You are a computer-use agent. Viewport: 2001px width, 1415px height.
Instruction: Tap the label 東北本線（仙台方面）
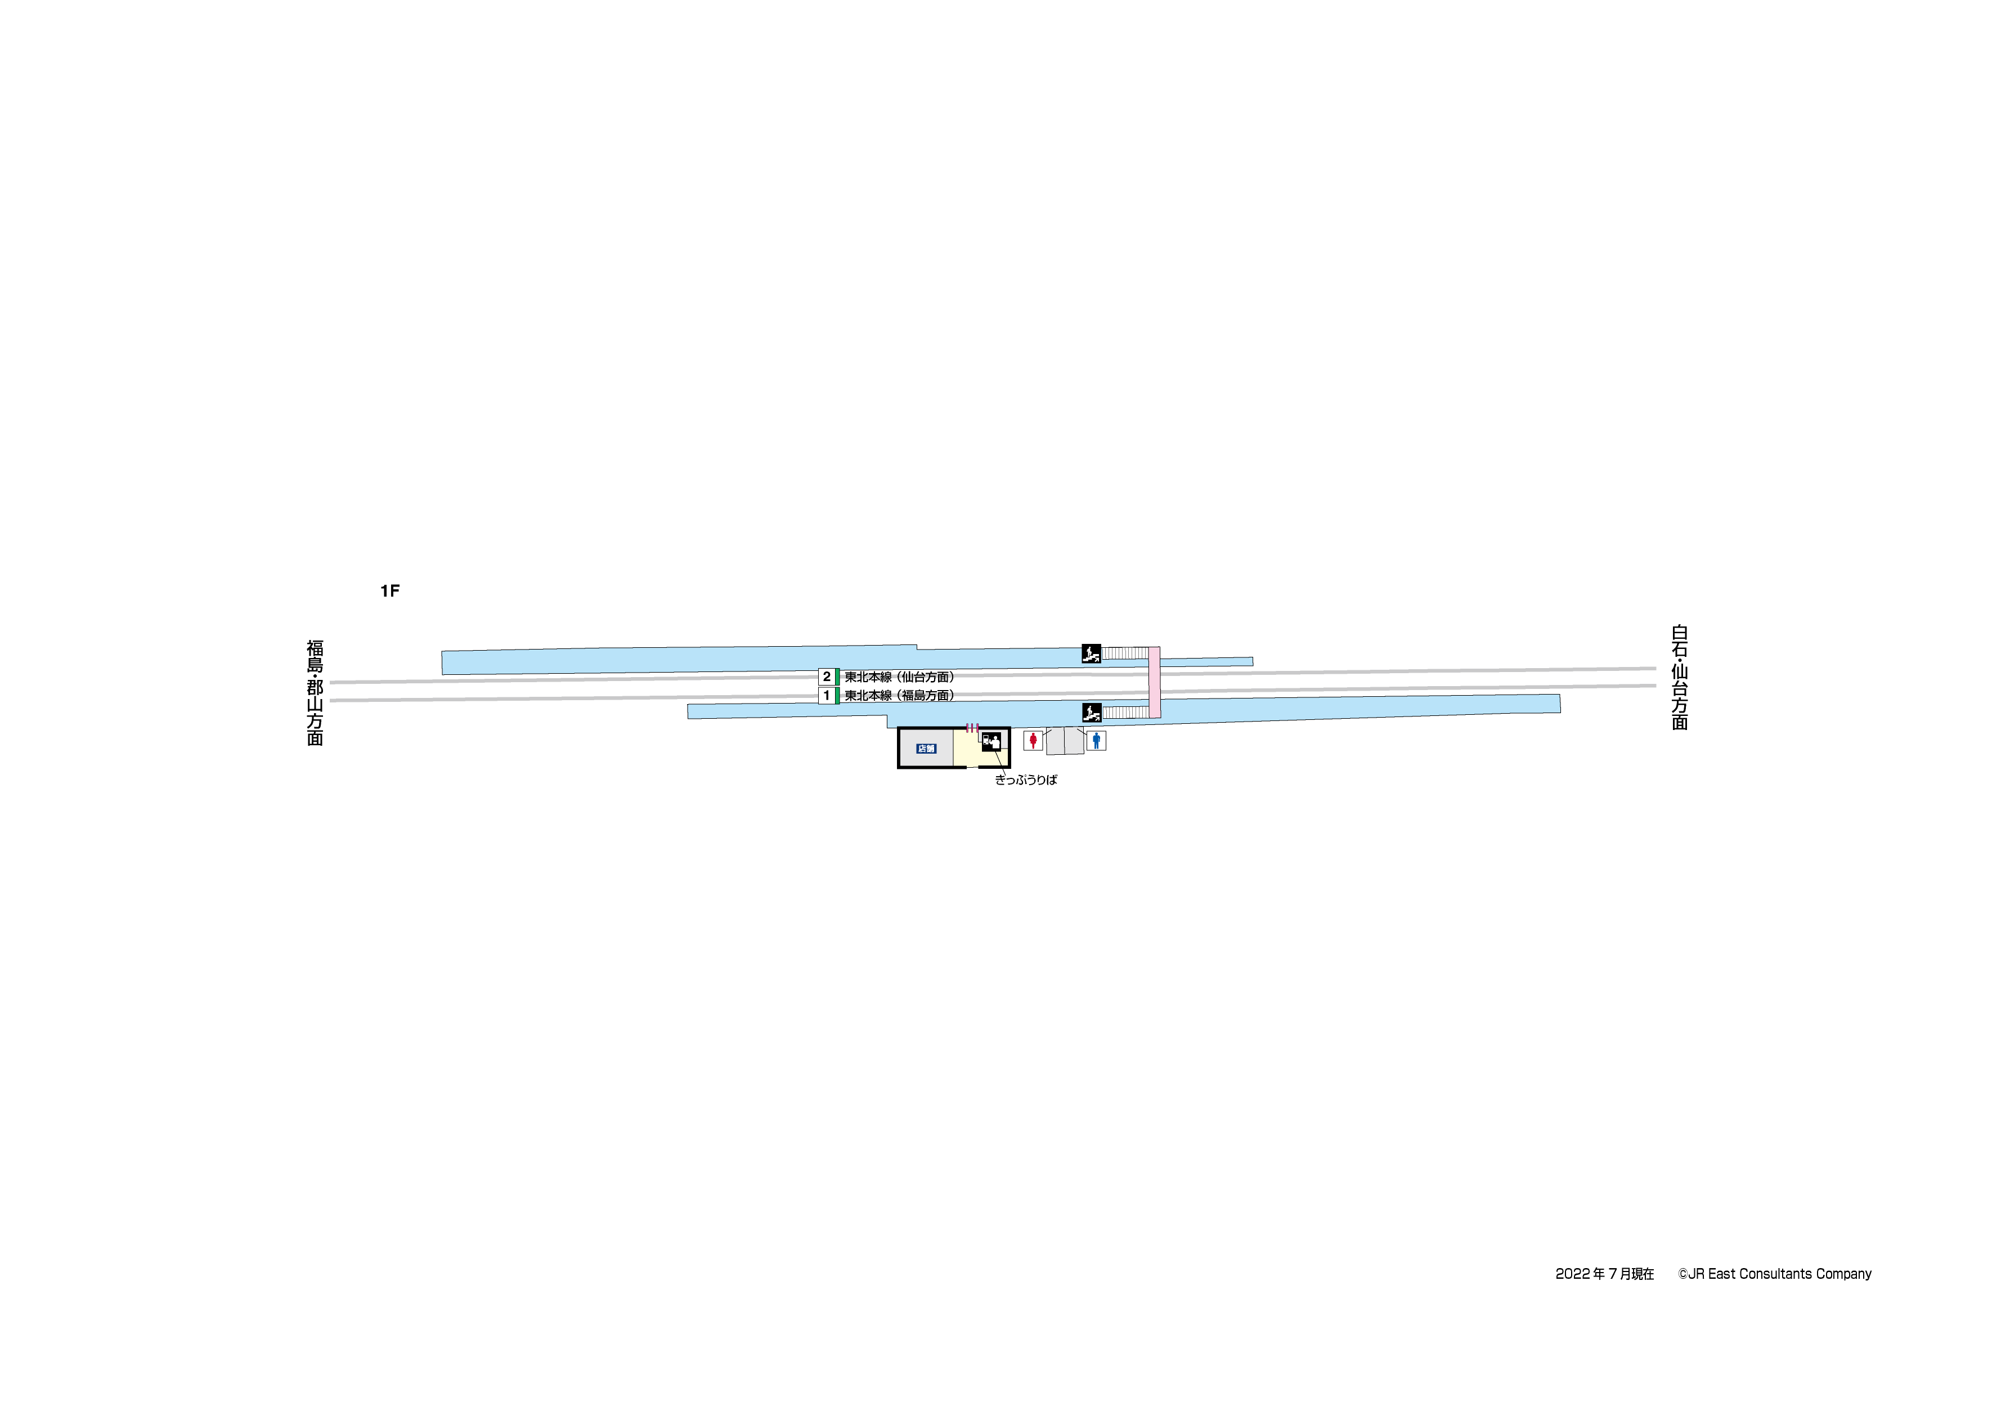tap(899, 677)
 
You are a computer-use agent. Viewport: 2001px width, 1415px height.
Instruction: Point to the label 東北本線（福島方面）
tap(899, 696)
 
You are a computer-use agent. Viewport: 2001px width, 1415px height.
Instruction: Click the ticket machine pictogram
tap(991, 742)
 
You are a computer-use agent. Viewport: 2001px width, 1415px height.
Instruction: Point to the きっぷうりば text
tap(1026, 780)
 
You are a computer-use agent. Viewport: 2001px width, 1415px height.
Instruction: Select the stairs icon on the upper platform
tap(1091, 653)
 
